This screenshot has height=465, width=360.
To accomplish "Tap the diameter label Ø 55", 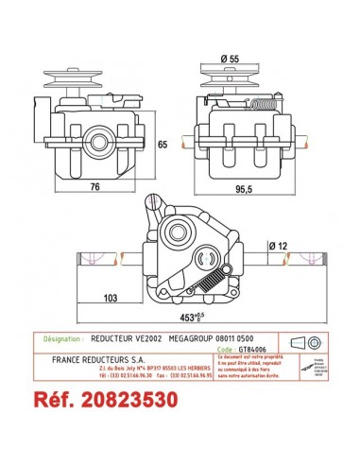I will pos(231,59).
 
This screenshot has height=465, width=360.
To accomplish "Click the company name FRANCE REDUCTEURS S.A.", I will pos(101,360).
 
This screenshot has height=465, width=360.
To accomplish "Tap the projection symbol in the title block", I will pos(302,342).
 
